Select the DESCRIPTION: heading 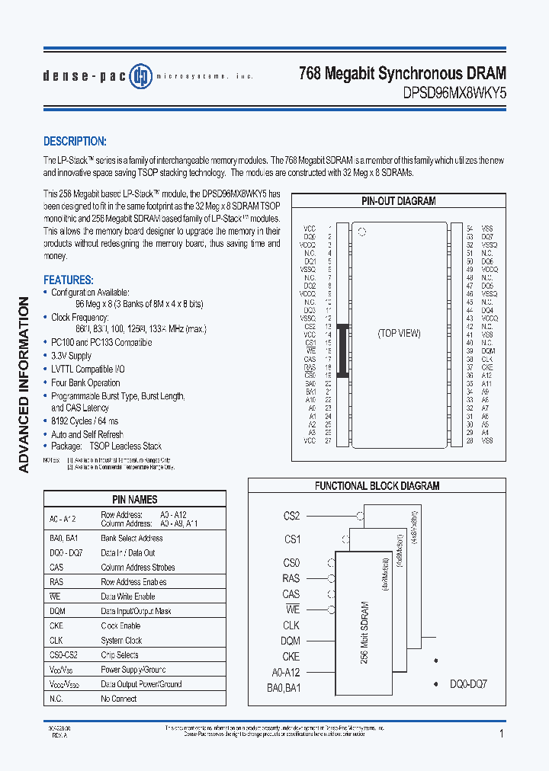click(x=75, y=142)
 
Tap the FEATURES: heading click(x=69, y=280)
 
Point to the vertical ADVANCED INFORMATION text click(x=24, y=385)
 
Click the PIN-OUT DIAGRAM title click(x=398, y=201)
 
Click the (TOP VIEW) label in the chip click(x=399, y=333)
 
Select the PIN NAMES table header click(x=134, y=500)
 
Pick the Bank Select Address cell click(x=132, y=538)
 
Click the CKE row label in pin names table click(x=56, y=625)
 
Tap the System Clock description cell click(x=121, y=641)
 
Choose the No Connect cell click(x=119, y=699)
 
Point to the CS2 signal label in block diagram click(x=291, y=516)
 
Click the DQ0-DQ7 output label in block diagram click(x=467, y=684)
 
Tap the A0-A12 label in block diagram click(x=286, y=672)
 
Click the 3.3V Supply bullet click(x=71, y=356)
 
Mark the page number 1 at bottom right click(x=501, y=734)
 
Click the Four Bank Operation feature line click(x=85, y=382)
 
